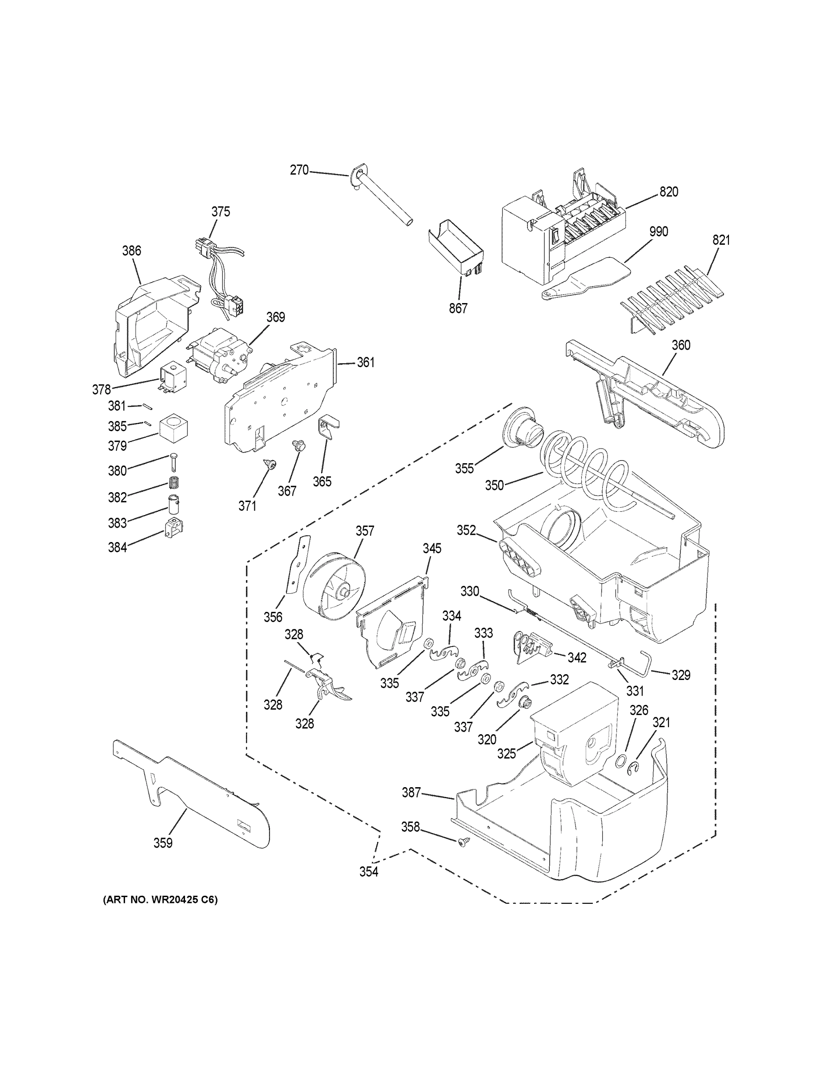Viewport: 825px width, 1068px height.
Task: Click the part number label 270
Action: pos(299,170)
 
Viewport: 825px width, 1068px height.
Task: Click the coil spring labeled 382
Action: pos(173,482)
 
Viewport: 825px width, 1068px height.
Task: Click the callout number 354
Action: pos(369,872)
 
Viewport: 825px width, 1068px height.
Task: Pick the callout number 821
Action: pos(721,240)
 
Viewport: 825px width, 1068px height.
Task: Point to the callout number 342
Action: pos(577,658)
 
